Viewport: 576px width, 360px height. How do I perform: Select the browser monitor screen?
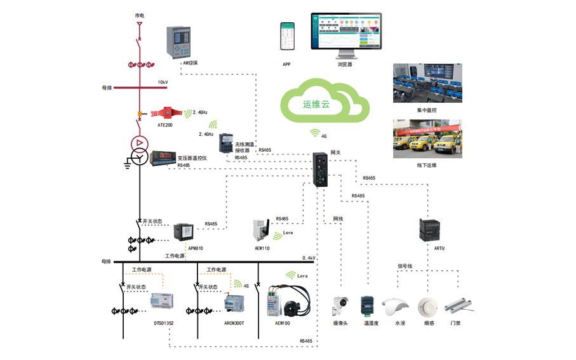346,31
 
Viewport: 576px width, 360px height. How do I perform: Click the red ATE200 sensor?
166,112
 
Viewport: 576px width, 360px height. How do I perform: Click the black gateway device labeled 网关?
321,168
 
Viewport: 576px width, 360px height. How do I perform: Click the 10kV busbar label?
163,83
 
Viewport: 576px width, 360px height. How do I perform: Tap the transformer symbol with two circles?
138,150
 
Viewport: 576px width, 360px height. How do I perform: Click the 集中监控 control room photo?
427,83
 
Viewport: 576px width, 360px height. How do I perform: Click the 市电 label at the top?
139,14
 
